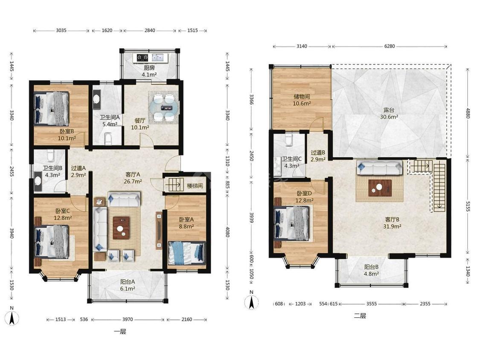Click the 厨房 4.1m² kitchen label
coord(149,71)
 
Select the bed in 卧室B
coord(52,109)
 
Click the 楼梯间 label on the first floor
coord(195,186)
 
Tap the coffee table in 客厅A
coord(121,228)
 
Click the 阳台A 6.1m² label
coord(128,285)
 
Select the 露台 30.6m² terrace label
coord(389,113)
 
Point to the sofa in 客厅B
coord(380,168)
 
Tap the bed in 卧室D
coord(292,223)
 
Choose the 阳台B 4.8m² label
coord(371,270)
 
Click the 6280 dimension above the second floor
coord(390,46)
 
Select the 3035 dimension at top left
coord(61,30)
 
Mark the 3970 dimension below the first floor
coord(128,319)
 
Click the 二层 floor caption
coord(360,316)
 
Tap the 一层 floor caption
coord(120,331)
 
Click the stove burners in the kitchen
coord(143,57)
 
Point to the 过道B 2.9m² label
coord(318,156)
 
